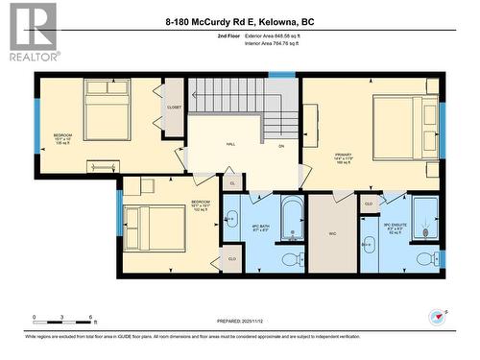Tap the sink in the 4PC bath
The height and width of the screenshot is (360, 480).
point(230,220)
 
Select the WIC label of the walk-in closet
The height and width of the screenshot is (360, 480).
point(332,232)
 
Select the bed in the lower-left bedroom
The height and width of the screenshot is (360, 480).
point(154,228)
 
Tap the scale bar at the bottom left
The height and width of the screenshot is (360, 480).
point(63,318)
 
